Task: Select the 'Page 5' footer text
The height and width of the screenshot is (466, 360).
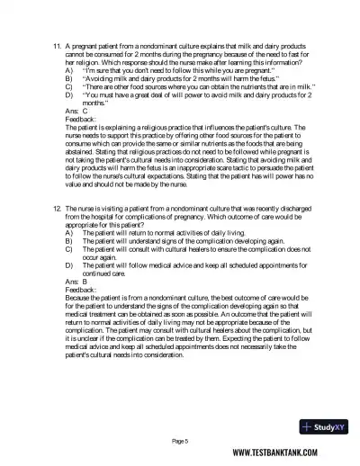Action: (x=180, y=440)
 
